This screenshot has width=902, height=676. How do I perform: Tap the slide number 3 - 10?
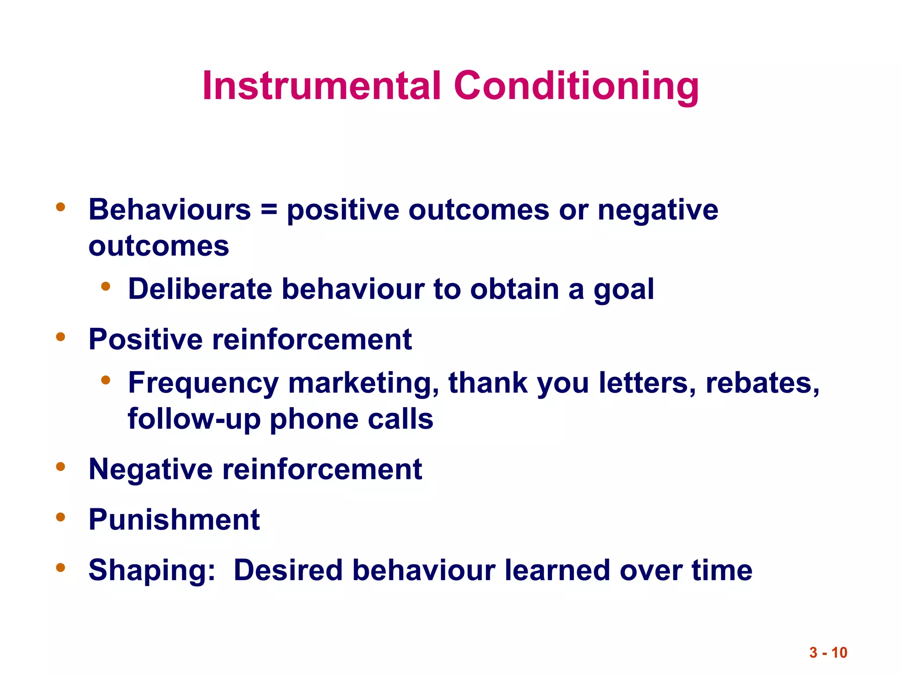(x=828, y=652)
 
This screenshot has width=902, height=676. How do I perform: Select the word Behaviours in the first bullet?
(x=170, y=209)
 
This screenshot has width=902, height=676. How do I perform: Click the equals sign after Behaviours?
(x=269, y=209)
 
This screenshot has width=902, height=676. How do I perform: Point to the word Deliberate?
(x=200, y=289)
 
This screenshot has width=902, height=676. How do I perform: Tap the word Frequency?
(x=203, y=383)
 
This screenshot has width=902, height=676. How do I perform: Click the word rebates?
(x=762, y=383)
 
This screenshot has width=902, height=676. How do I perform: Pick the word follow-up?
(x=194, y=419)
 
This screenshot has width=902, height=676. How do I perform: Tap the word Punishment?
(x=174, y=520)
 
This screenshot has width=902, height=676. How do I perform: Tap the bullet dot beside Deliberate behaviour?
(x=105, y=287)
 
